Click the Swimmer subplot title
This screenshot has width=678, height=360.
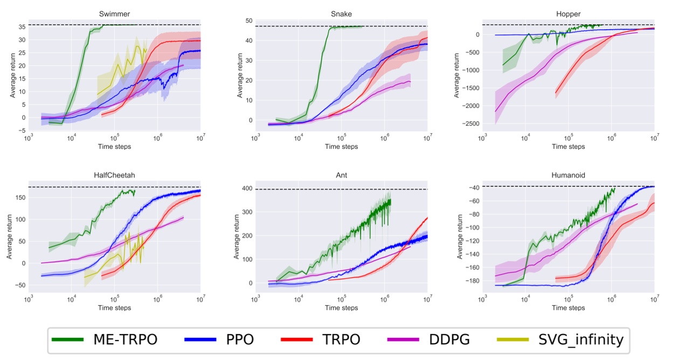[114, 12]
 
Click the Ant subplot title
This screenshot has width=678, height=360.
[341, 175]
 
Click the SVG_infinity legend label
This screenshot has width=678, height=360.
[581, 340]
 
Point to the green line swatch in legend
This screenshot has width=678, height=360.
[67, 340]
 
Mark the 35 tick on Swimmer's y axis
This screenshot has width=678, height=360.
[23, 27]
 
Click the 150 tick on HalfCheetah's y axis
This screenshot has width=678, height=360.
[19, 197]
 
